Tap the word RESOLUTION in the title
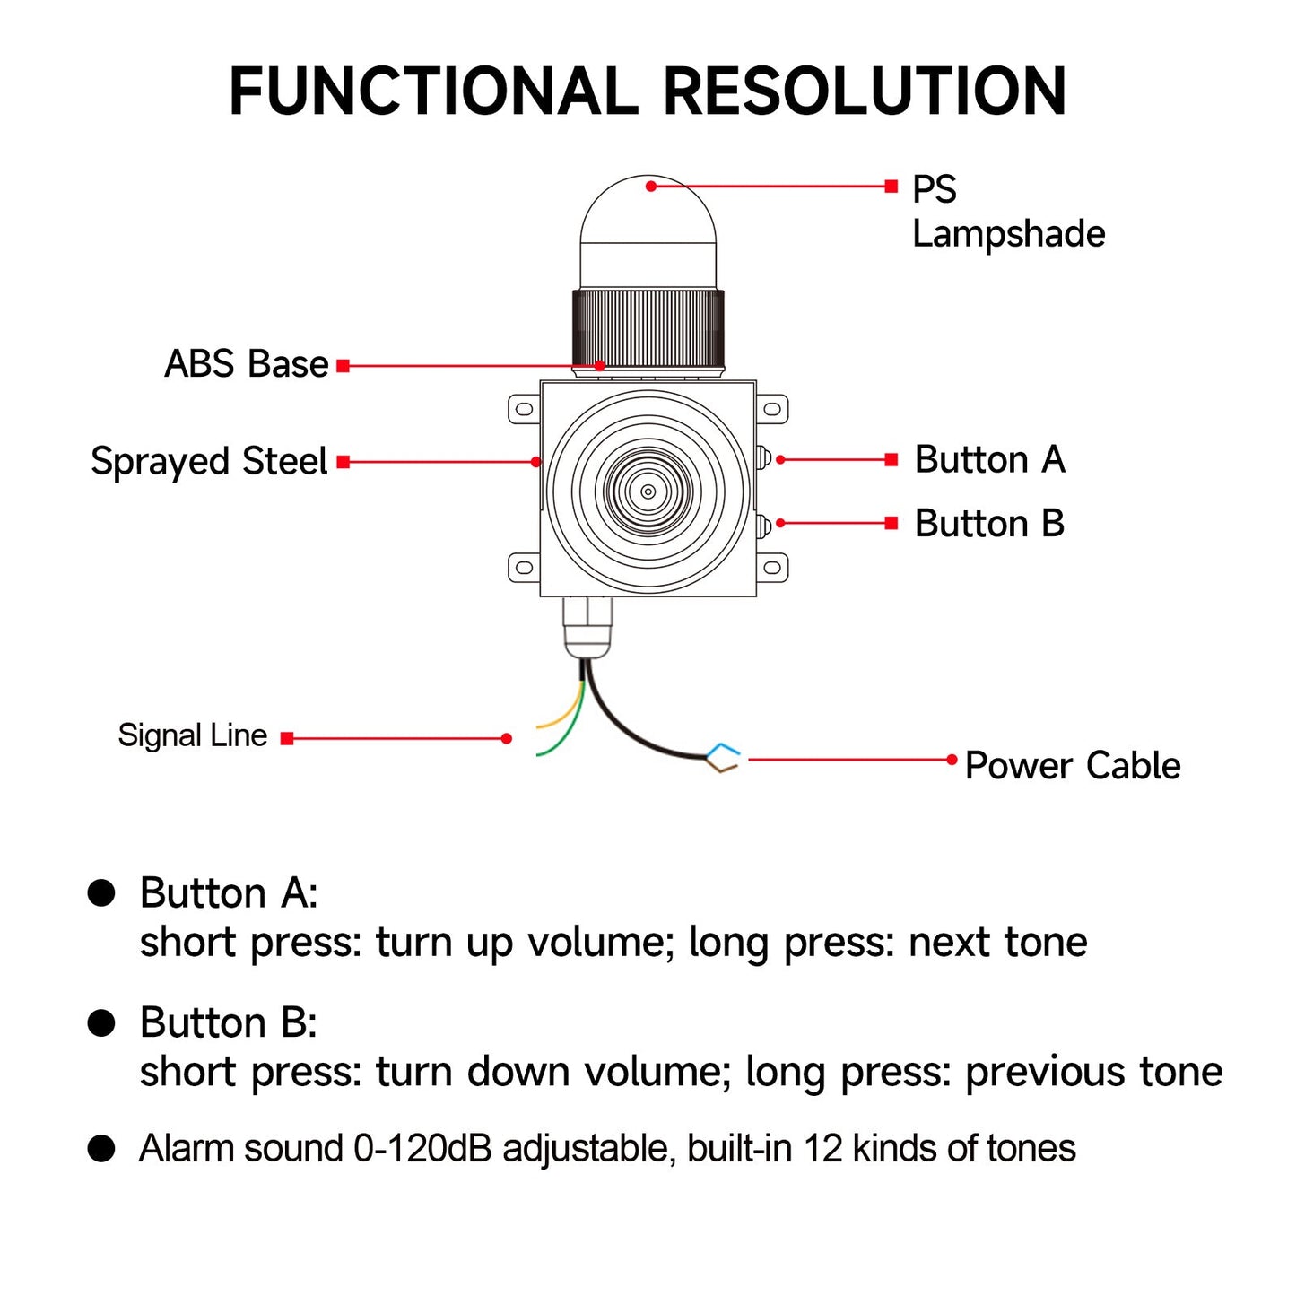pos(865,91)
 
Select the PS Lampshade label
pos(1007,212)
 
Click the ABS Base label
pos(246,364)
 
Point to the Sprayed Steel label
pos(209,461)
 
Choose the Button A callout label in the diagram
pos(989,459)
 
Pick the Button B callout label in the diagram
pos(989,523)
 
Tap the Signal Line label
pos(192,735)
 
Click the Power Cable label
pos(1073,766)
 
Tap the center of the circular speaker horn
pos(648,491)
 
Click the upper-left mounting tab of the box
pos(524,410)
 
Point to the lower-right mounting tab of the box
pos(772,567)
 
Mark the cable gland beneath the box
pos(587,628)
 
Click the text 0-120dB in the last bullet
pos(422,1149)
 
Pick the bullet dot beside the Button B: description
pos(101,1022)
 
